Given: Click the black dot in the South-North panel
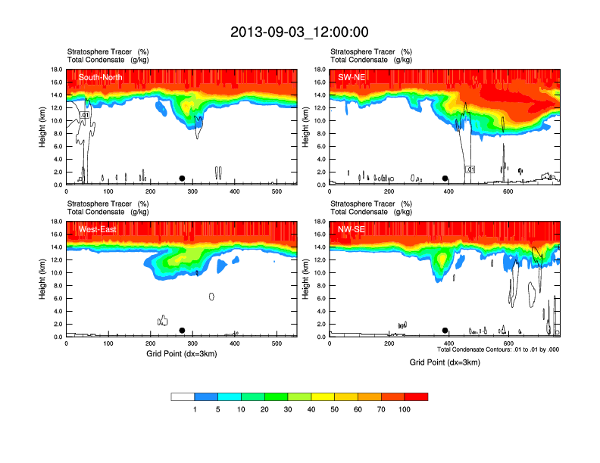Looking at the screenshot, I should [182, 179].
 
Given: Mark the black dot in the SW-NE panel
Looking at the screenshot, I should [445, 179].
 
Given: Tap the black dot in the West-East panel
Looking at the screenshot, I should [182, 331].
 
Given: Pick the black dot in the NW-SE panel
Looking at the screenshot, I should [445, 331].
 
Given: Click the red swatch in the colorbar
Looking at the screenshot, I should [416, 396].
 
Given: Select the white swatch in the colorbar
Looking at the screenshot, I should [183, 396].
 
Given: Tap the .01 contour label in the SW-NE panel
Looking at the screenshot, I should [470, 169].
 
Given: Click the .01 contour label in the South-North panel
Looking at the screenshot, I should [85, 115].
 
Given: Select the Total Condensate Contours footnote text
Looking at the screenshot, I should [498, 350].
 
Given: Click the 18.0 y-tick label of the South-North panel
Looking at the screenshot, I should [57, 70].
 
